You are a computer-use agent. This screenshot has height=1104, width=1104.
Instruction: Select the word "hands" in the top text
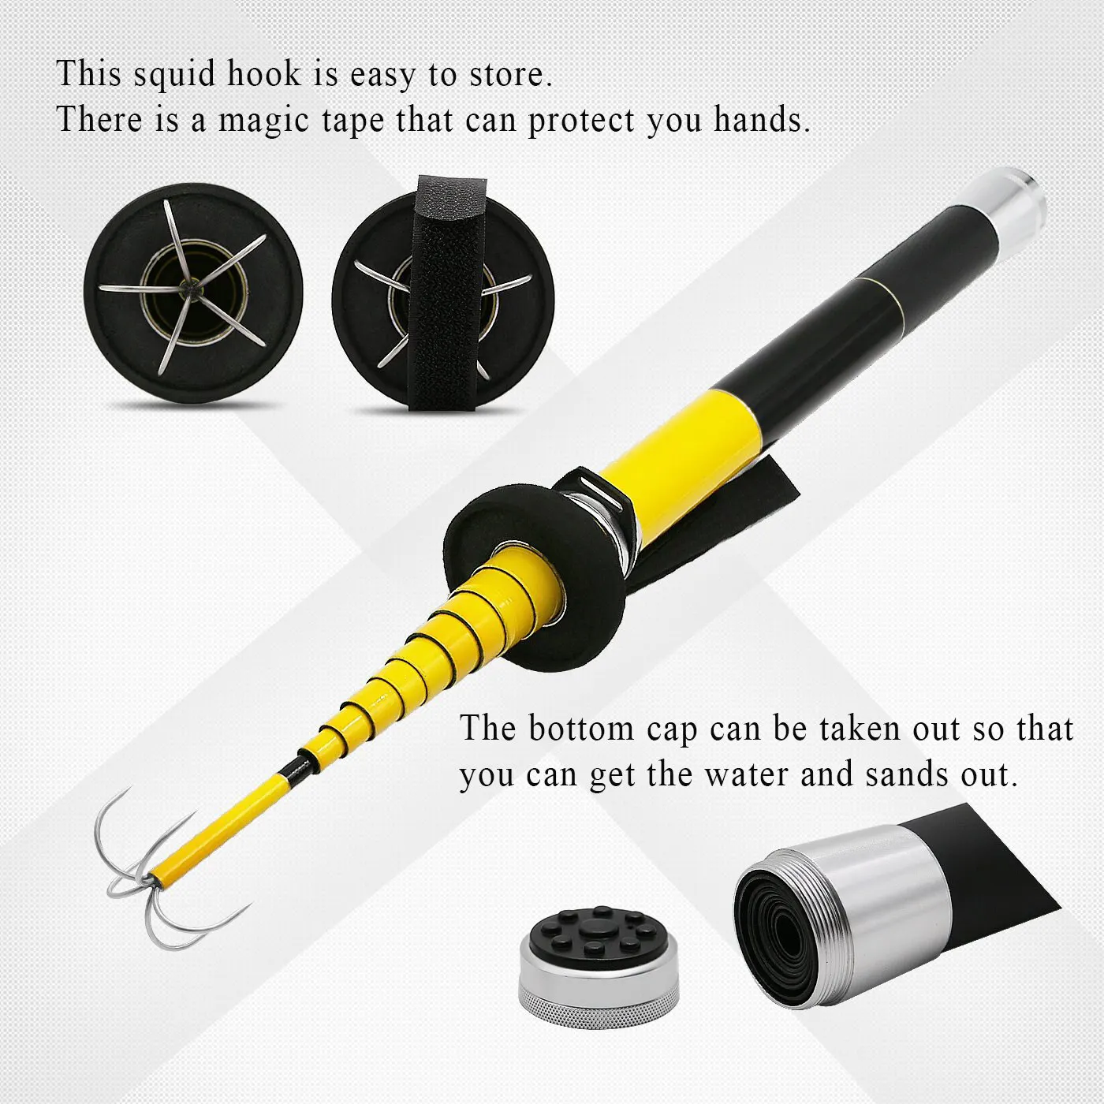click(762, 120)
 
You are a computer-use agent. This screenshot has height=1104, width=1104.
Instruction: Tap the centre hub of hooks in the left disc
click(187, 286)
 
